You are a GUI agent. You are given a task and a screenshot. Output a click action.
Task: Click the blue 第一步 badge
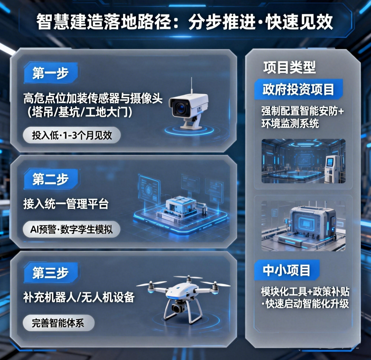pos(50,74)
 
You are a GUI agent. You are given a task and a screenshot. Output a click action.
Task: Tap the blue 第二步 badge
pos(50,180)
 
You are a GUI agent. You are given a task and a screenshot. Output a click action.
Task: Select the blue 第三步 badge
pos(50,273)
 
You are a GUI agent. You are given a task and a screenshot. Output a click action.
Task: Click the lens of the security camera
pos(181,107)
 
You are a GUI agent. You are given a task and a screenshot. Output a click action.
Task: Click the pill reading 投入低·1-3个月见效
pos(72,136)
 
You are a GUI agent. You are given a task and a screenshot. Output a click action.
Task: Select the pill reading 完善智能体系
pos(58,323)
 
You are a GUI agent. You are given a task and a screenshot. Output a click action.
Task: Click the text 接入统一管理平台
pos(66,204)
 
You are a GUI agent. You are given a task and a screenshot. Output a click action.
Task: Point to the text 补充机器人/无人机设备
pos(79,297)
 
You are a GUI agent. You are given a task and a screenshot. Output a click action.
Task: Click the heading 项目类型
pos(289,67)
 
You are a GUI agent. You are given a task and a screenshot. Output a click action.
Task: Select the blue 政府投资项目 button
pos(298,89)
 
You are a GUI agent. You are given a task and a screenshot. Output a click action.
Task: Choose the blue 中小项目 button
pos(286,270)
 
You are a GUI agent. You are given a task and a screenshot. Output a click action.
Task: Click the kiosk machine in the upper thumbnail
pos(332,169)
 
